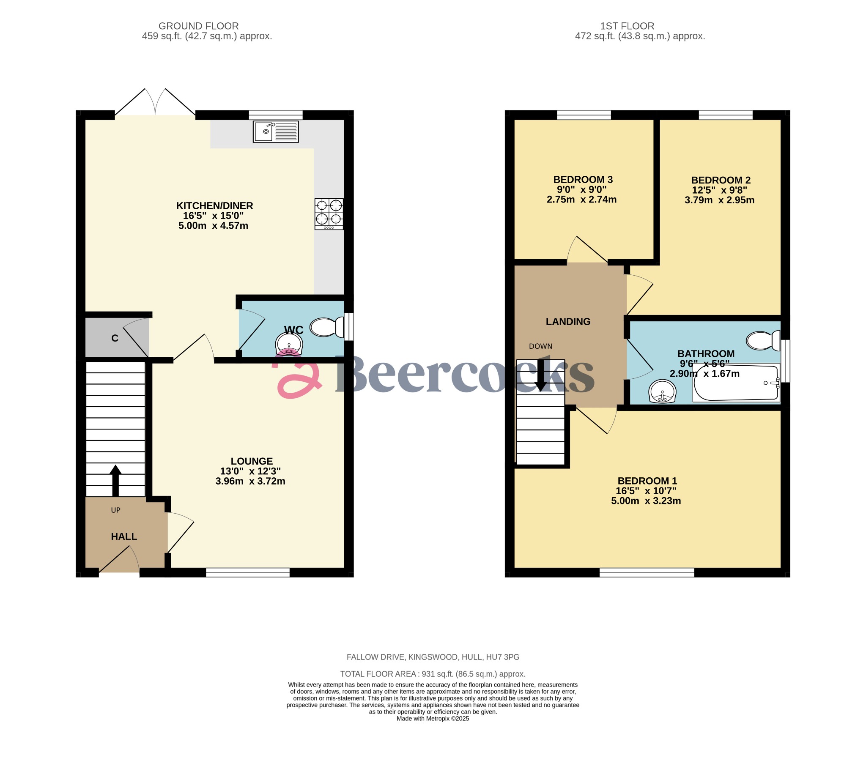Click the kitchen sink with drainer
[x=275, y=131]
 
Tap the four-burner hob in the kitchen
[x=329, y=214]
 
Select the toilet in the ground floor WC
[x=327, y=327]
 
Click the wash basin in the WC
[x=289, y=343]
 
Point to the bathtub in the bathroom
[x=737, y=383]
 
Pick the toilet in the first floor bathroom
[x=763, y=340]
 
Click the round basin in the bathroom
[x=662, y=391]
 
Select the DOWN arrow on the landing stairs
[x=541, y=376]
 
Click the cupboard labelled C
[x=115, y=338]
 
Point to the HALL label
[x=124, y=536]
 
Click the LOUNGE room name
[x=252, y=461]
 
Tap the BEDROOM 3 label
[x=583, y=179]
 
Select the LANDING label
[x=568, y=321]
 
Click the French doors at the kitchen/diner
[x=155, y=104]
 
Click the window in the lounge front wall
[x=248, y=572]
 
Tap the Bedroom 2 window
[x=726, y=115]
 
